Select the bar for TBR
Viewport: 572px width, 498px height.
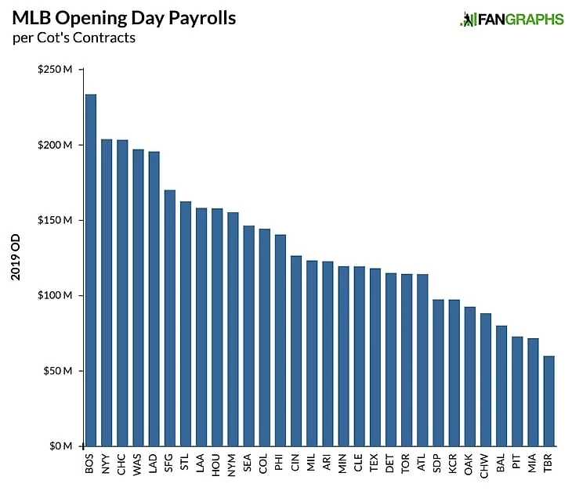(548, 401)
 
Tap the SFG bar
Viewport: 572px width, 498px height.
(170, 318)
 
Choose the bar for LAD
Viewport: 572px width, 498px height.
(154, 298)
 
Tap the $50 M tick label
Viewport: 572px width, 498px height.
(58, 371)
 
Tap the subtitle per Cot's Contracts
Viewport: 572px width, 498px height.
(74, 38)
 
